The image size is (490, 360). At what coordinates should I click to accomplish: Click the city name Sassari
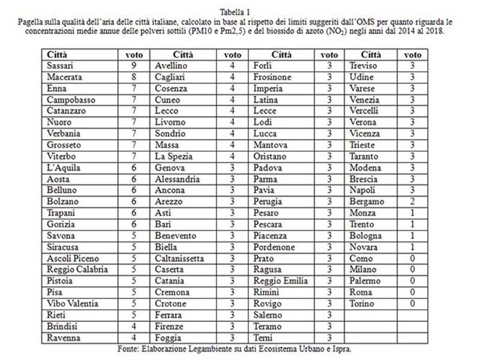pyautogui.click(x=60, y=66)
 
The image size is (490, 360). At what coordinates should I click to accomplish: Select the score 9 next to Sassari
pyautogui.click(x=134, y=66)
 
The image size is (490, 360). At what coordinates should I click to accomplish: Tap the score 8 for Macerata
pyautogui.click(x=134, y=77)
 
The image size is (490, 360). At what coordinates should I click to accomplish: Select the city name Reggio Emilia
pyautogui.click(x=281, y=281)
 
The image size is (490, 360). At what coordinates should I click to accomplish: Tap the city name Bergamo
pyautogui.click(x=367, y=201)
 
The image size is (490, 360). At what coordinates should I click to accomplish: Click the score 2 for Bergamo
pyautogui.click(x=412, y=201)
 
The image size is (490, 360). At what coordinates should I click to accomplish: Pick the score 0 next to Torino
pyautogui.click(x=412, y=303)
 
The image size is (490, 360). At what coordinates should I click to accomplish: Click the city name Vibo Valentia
pyautogui.click(x=73, y=303)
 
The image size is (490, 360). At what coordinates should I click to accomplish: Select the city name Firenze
pyautogui.click(x=171, y=326)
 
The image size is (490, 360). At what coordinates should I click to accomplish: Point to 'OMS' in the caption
pyautogui.click(x=365, y=21)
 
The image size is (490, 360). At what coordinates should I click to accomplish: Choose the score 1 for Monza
pyautogui.click(x=412, y=213)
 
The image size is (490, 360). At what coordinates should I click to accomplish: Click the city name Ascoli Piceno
pyautogui.click(x=73, y=258)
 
